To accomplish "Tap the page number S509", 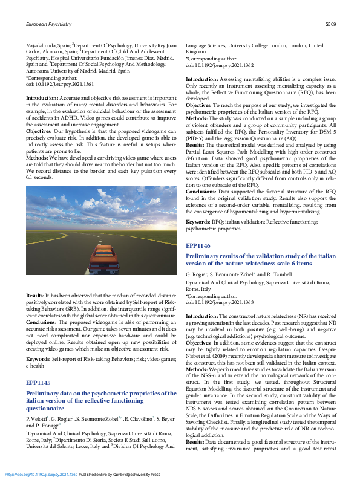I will pos(330,24).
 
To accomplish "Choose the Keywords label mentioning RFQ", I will pos(198,223).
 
